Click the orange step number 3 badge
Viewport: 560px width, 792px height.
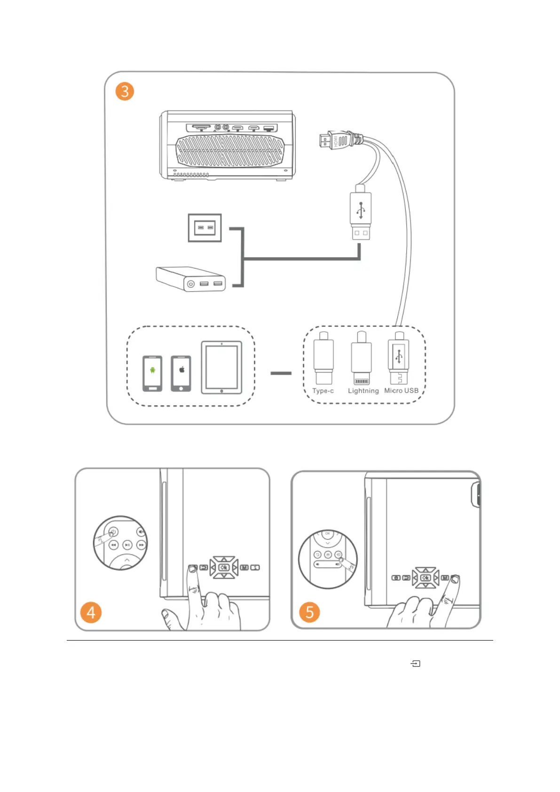pos(125,91)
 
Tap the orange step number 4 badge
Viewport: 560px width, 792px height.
pos(91,612)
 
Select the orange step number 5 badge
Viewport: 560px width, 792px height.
pos(309,612)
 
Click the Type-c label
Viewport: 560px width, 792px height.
pos(323,391)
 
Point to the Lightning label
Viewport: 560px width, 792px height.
pos(363,391)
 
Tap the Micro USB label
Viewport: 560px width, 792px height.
pos(401,390)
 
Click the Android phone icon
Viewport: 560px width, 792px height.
pos(152,373)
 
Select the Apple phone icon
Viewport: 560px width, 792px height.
pos(181,373)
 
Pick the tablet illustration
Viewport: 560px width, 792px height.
pos(221,367)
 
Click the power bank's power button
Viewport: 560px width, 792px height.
pos(190,284)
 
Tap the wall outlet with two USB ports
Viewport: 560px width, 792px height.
pos(205,228)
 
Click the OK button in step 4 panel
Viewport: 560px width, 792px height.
pos(224,567)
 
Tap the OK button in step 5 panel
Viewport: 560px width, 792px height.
pos(425,578)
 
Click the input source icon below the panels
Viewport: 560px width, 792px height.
pos(416,664)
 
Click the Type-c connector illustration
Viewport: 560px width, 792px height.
pos(323,358)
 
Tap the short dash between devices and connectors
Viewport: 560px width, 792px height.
pos(281,373)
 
